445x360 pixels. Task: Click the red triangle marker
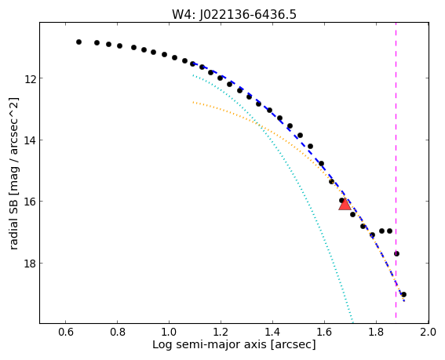point(345,205)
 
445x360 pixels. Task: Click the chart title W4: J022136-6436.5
point(234,14)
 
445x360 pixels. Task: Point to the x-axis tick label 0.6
point(66,332)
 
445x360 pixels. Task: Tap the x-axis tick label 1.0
point(170,332)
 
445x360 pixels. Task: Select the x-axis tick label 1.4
point(272,332)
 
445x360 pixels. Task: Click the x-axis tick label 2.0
point(429,332)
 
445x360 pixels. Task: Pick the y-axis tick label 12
point(30,78)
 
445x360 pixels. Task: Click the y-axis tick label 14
point(30,140)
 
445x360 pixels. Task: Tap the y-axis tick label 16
point(30,202)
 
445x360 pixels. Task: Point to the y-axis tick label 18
point(30,264)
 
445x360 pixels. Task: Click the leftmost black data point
point(78,42)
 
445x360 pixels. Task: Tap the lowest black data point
point(403,294)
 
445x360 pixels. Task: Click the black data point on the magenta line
point(396,253)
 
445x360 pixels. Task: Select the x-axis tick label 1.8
point(376,332)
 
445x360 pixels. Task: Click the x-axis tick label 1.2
point(221,332)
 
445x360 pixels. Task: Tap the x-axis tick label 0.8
point(118,332)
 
